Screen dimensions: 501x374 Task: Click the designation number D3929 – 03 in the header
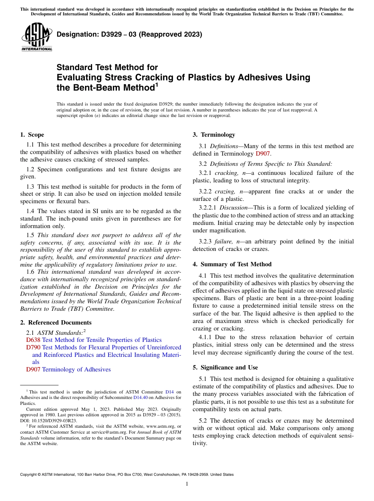(129, 34)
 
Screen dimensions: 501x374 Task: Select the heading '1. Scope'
(32, 135)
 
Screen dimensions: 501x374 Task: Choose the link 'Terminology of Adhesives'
(76, 369)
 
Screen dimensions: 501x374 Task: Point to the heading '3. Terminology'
(214, 135)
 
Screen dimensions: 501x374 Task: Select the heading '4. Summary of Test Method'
(232, 264)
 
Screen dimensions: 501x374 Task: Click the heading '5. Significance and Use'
(225, 367)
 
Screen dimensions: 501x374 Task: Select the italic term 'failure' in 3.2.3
(221, 241)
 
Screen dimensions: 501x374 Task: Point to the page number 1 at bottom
(187, 484)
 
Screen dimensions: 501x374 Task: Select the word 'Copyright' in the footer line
(29, 475)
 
